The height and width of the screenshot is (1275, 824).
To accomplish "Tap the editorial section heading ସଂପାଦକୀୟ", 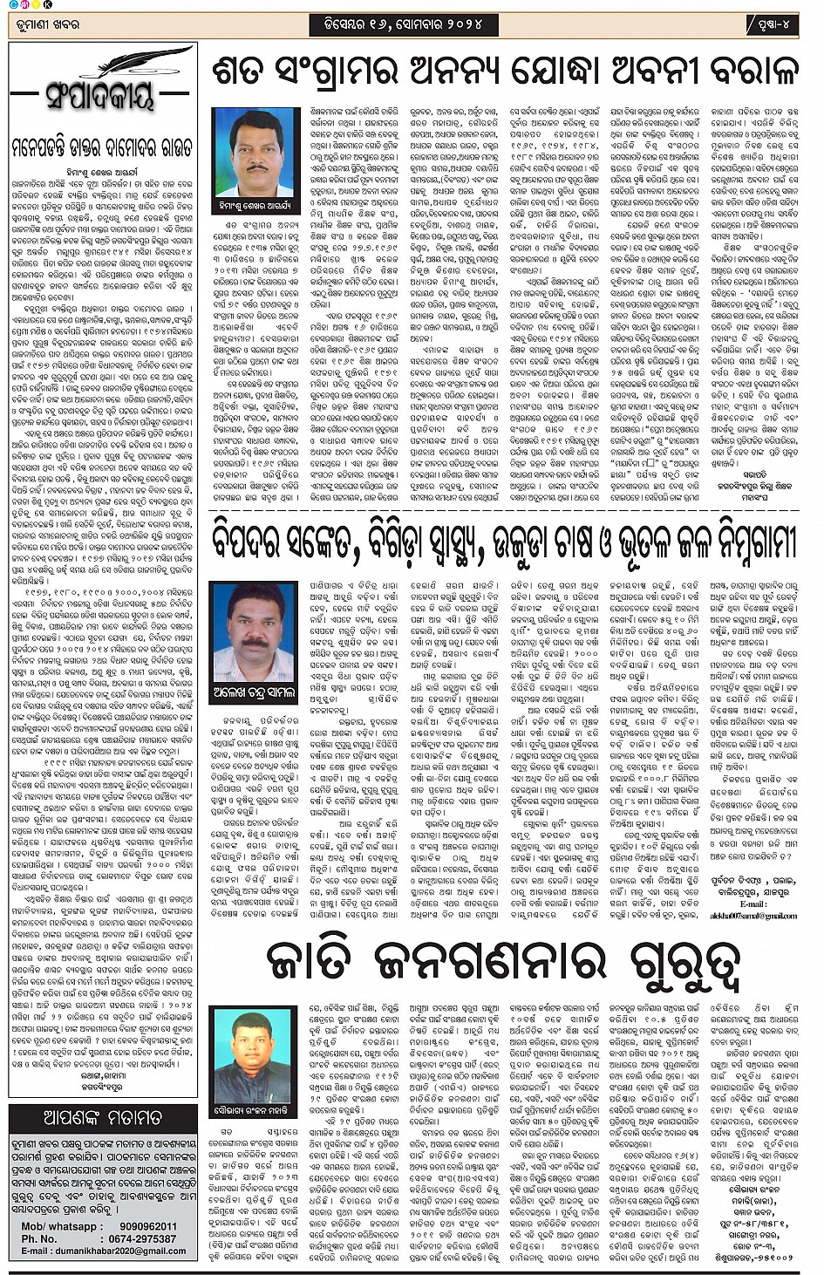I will pos(100,95).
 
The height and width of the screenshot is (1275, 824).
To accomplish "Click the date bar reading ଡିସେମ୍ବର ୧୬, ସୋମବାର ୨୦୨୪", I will pos(397,24).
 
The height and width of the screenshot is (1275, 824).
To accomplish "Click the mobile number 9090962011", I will pos(136,1226).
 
